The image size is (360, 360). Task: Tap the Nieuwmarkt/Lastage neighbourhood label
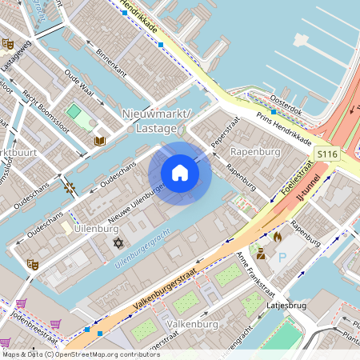point(158,122)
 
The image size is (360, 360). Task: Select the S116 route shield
point(326,153)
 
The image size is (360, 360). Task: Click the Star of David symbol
point(119,242)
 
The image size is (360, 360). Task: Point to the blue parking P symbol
point(282,258)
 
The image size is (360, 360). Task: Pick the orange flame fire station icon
point(277,238)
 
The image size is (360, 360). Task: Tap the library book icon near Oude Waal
point(100,141)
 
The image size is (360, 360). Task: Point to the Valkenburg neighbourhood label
point(194,324)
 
